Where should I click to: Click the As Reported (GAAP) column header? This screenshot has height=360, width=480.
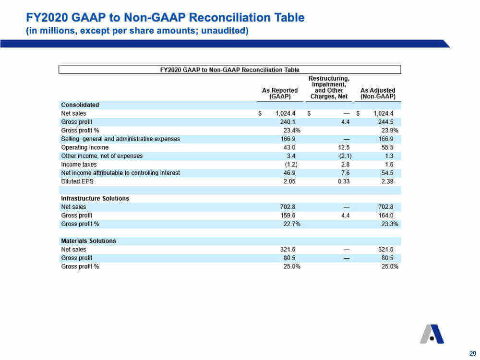click(280, 94)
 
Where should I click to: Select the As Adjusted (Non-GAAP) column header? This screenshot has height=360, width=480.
click(378, 94)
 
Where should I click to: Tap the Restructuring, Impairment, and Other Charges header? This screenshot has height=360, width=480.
click(329, 87)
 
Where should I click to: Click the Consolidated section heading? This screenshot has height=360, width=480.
click(80, 105)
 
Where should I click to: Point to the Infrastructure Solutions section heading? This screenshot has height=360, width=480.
click(95, 198)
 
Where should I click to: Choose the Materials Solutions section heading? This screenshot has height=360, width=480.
click(88, 241)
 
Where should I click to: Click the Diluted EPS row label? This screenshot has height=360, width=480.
click(77, 181)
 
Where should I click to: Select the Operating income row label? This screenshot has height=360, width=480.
click(85, 147)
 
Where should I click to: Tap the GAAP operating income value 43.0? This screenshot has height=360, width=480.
click(289, 147)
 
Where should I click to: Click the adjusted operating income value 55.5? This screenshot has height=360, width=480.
click(387, 147)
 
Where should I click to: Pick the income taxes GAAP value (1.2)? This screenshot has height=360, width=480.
click(291, 164)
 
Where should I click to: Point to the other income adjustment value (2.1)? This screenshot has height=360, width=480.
click(345, 156)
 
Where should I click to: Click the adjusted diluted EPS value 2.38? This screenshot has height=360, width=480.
click(387, 181)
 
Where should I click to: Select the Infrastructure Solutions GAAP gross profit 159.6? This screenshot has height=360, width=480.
click(288, 216)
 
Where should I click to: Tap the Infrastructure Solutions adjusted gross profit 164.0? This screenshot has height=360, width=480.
click(386, 216)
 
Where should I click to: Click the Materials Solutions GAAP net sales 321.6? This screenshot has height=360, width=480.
click(288, 250)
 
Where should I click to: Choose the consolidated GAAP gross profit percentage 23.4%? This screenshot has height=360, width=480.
click(292, 131)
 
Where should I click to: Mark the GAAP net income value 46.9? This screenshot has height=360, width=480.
click(289, 173)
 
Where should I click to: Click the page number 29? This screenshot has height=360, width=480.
click(473, 353)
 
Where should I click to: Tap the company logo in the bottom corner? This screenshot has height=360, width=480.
click(432, 334)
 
